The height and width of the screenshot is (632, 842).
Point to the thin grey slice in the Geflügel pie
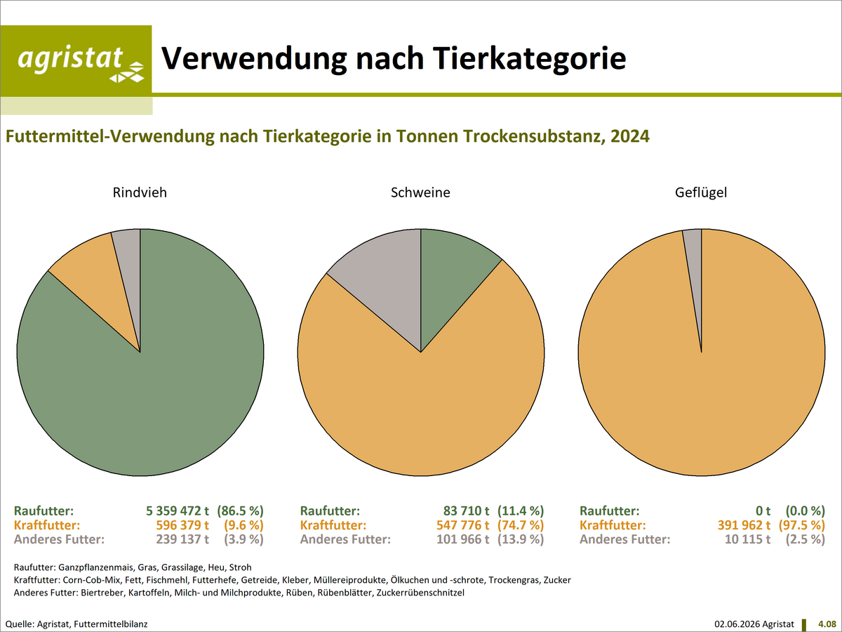coord(695,261)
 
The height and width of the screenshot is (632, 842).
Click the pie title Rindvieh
coord(140,192)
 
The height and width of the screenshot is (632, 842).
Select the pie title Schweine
coord(420,192)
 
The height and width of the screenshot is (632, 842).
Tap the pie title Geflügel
coord(701,192)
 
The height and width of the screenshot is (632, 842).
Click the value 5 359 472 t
coord(178,511)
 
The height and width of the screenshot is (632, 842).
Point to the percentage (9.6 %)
coord(243,525)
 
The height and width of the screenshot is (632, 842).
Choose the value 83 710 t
coord(466,511)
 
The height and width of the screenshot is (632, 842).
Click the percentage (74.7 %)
coord(521,525)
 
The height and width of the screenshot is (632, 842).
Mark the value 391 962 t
coord(744,525)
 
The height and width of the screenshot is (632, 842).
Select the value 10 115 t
coord(747,539)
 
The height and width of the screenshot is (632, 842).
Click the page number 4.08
coord(827,624)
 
